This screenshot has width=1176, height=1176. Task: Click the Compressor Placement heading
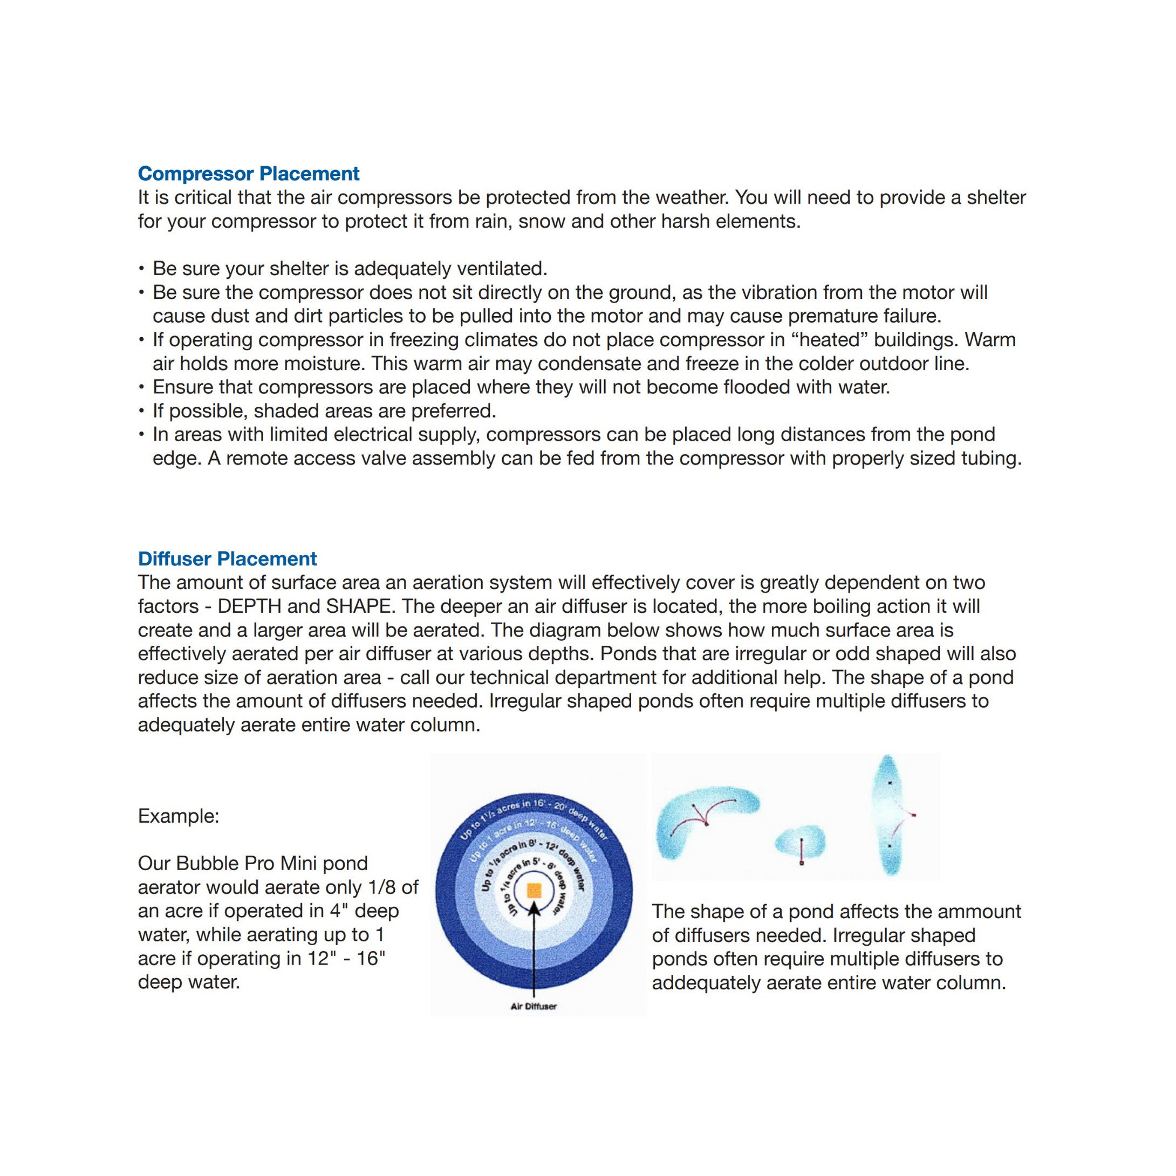pyautogui.click(x=248, y=174)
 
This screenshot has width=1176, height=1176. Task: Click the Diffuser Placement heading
pyautogui.click(x=227, y=559)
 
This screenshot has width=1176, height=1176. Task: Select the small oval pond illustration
pyautogui.click(x=801, y=843)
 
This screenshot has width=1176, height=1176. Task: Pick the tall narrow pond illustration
pyautogui.click(x=890, y=816)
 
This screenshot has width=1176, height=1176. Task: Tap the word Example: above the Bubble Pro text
pyautogui.click(x=179, y=816)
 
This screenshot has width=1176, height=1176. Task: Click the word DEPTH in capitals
pyautogui.click(x=250, y=606)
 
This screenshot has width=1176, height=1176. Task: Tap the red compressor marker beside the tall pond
pyautogui.click(x=914, y=815)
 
